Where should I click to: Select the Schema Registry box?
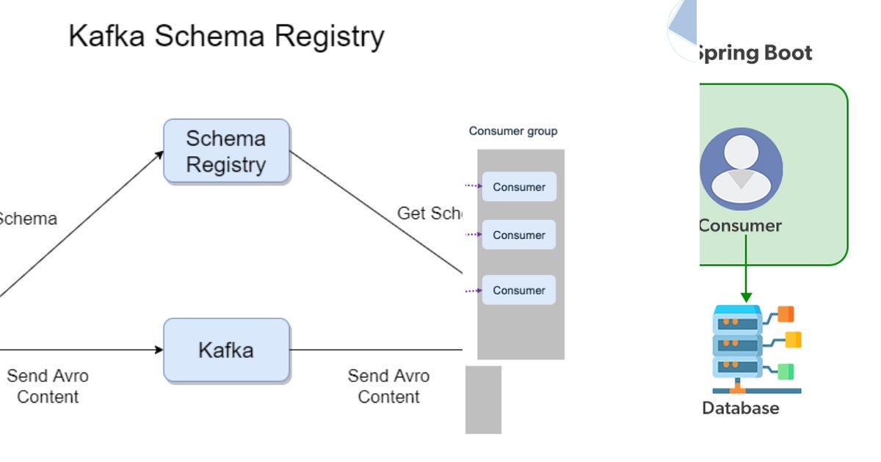226,151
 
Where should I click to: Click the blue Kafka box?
226,350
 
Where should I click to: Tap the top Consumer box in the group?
518,187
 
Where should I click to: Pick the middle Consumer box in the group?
518,235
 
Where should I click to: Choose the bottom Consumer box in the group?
518,290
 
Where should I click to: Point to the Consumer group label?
513,131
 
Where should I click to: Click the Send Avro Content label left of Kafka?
48,386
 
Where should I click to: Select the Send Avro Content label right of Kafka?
388,386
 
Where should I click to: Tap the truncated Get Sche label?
430,213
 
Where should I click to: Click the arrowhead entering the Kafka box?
159,350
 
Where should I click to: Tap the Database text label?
740,408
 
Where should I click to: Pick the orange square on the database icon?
786,315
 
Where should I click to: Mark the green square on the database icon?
786,372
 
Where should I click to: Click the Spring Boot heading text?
754,54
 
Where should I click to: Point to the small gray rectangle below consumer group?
483,400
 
